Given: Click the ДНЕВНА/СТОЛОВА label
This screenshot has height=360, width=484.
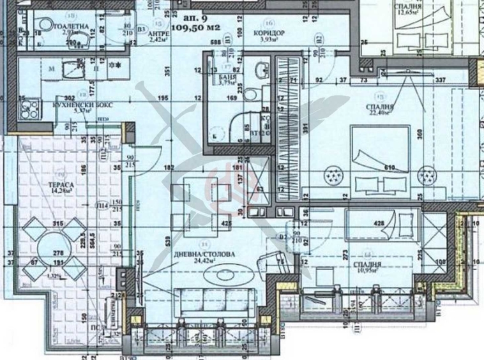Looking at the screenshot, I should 205,253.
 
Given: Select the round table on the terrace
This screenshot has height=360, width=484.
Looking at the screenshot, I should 54,246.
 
